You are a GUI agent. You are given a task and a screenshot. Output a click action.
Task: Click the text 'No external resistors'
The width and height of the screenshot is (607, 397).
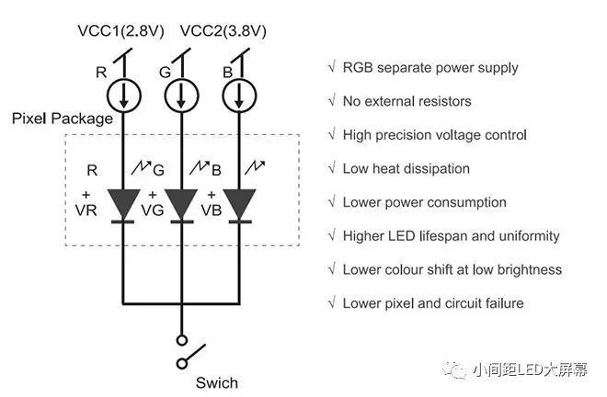tap(407, 101)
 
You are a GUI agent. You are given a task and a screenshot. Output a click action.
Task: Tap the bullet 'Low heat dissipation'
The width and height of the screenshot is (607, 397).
tap(406, 169)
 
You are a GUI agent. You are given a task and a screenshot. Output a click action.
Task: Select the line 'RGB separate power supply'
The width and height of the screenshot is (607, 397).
tap(429, 67)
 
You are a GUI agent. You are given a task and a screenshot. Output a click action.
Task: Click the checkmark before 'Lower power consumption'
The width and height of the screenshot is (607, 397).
tap(331, 202)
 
